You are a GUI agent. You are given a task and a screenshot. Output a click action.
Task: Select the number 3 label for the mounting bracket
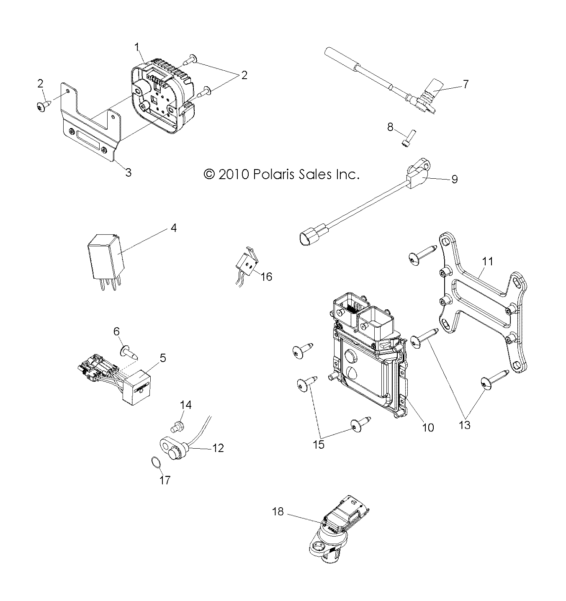click(128, 172)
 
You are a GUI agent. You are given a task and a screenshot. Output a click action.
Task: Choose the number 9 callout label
click(454, 179)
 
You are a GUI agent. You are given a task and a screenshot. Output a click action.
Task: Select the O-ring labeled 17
click(155, 463)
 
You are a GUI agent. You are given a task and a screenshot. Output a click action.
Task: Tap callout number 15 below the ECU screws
click(319, 444)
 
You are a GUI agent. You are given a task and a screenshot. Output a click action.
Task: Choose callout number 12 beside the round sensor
click(218, 448)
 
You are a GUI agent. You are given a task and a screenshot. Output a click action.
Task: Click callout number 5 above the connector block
click(163, 357)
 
